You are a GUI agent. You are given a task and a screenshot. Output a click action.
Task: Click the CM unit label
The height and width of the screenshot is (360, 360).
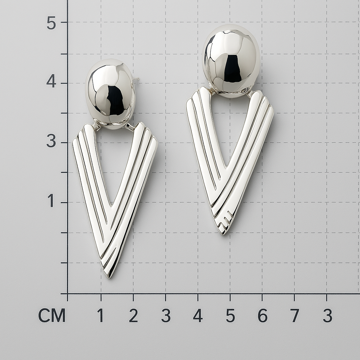[x=52, y=316]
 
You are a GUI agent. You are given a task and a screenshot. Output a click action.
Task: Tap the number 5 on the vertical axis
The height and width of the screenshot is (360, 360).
[x=51, y=23]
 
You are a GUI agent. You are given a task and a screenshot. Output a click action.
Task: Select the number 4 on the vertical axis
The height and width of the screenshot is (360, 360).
[x=51, y=81]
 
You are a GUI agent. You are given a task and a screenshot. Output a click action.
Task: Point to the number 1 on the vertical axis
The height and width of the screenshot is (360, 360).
[x=51, y=200]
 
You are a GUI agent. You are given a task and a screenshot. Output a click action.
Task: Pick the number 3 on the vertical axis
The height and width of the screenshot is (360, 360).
[x=51, y=141]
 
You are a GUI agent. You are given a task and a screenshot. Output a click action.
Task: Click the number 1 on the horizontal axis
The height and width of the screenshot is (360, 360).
[x=100, y=315]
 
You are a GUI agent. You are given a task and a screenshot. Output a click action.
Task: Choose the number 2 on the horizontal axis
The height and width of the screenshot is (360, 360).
[x=133, y=315]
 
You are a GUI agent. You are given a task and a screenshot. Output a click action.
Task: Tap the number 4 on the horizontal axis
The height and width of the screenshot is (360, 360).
[x=198, y=315]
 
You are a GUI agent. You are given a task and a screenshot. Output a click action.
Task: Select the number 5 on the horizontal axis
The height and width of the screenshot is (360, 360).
[x=230, y=315]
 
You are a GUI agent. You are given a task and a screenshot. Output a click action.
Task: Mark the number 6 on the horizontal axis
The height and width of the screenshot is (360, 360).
[x=262, y=315]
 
